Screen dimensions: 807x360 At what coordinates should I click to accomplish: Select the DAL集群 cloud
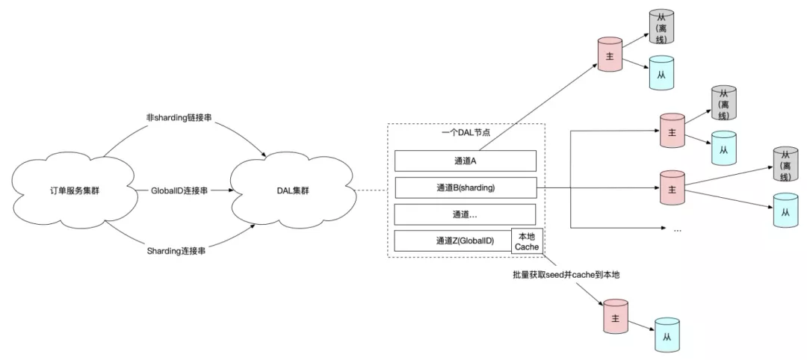coord(293,190)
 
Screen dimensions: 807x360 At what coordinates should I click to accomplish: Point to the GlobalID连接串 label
coord(180,190)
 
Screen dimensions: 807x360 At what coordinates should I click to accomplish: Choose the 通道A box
coord(466,161)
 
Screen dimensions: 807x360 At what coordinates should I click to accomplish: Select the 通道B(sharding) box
coord(466,187)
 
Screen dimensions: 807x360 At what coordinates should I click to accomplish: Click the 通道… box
coord(466,214)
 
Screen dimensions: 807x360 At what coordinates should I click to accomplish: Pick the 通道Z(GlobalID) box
coord(453,240)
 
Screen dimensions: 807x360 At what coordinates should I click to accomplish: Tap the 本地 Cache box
coord(527,241)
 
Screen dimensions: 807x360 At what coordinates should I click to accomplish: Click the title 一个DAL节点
coord(466,132)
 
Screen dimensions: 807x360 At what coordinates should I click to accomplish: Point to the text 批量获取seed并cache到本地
coord(563,275)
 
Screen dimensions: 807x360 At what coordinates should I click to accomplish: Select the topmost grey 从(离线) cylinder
coord(661,26)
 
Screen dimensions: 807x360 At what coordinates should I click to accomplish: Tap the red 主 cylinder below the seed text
coord(615,317)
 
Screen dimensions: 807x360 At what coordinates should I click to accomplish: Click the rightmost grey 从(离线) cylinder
coord(785,164)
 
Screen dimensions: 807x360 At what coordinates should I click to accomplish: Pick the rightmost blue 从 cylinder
coord(785,211)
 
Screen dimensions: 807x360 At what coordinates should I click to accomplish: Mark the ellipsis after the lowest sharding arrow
coord(677,230)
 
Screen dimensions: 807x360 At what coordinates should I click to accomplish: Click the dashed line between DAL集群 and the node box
coord(371,190)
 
